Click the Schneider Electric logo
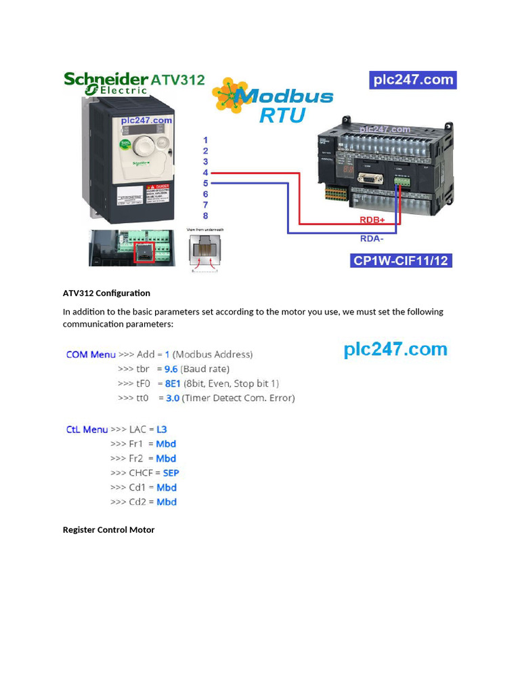coord(106,83)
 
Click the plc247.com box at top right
coord(413,80)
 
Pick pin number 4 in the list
coord(205,173)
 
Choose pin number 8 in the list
coord(205,216)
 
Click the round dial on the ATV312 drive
coord(144,144)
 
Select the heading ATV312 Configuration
coord(106,293)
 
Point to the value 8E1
coord(173,384)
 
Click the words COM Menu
coord(91,354)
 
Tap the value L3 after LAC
coord(161,430)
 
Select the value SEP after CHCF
coord(171,473)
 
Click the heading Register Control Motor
coord(108,530)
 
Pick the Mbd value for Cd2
coord(167,502)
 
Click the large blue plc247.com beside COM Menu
coord(395,350)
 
